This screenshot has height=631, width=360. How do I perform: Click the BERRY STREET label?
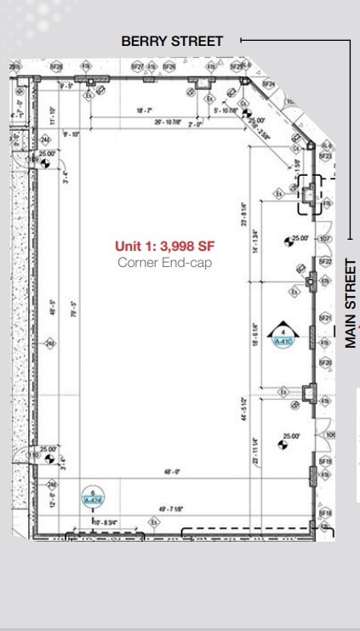pos(172,40)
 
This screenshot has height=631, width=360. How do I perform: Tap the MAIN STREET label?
pos(351,304)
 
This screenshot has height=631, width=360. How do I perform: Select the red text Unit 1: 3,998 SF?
pos(165,247)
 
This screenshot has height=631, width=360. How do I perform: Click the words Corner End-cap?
pos(164,263)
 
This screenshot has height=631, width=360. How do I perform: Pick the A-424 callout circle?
pos(92,497)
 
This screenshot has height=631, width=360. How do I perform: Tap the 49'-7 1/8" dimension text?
pos(171,509)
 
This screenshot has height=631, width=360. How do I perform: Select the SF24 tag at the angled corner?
pos(269,85)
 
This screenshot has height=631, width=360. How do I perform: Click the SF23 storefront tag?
pos(325,156)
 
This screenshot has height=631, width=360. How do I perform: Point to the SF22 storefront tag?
pos(325,261)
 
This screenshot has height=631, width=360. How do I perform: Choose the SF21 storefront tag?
pos(325,318)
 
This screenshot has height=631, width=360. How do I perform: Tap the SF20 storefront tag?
pos(325,363)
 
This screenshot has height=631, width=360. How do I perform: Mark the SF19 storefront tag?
pos(325,461)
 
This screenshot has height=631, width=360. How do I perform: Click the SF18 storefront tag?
pos(325,514)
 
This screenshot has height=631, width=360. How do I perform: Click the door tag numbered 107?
pos(324,239)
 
